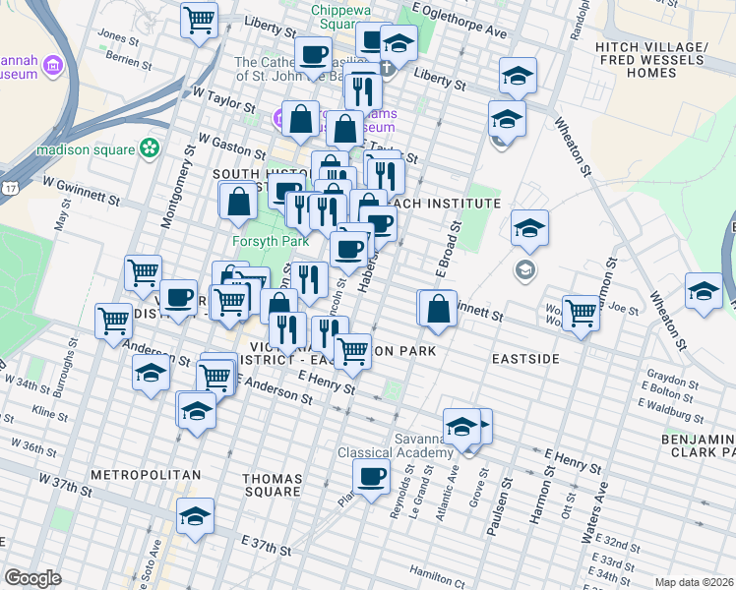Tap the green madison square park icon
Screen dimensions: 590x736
tap(149, 149)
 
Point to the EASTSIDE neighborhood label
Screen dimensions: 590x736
tap(525, 360)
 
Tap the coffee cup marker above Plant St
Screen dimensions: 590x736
tap(371, 478)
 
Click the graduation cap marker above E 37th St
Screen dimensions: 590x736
tap(195, 515)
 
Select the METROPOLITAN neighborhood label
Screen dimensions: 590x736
tap(145, 475)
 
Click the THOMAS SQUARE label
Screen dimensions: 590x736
tap(272, 484)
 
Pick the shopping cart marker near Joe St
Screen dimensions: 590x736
tap(581, 313)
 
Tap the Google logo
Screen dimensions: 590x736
tap(32, 578)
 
